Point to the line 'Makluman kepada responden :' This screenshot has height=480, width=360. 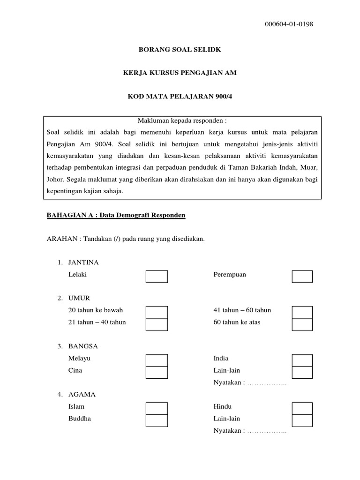[180, 120]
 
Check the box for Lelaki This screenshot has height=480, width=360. [157, 277]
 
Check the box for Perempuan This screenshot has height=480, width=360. [302, 277]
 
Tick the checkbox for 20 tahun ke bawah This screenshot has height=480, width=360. [157, 312]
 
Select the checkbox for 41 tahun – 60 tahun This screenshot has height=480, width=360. [302, 312]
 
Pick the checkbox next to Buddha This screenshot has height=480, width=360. [157, 420]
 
